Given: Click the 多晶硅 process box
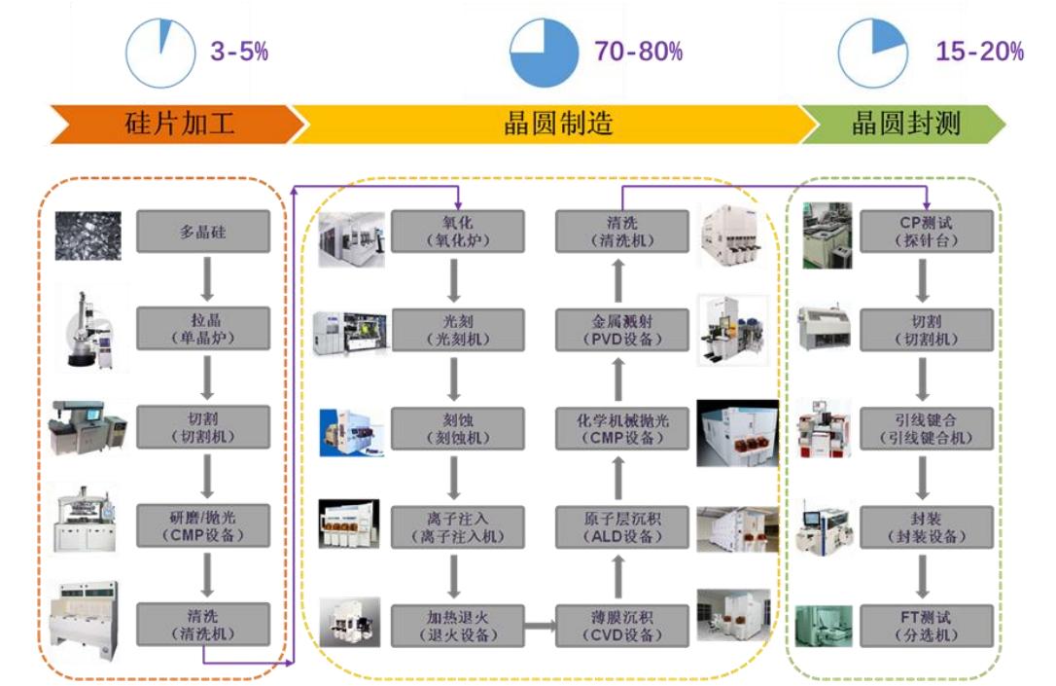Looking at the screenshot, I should click(x=202, y=232).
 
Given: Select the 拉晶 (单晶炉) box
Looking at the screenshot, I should click(x=202, y=329).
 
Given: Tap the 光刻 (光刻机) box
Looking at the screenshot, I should click(x=457, y=330).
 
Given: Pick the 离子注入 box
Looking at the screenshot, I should click(x=457, y=526).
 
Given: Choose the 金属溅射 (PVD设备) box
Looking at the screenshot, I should click(x=621, y=330).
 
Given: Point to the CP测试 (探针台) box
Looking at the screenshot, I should click(x=927, y=232).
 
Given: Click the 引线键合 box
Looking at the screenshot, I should click(x=927, y=428).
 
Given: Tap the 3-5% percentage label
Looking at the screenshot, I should click(x=239, y=52).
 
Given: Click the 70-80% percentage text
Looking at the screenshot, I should click(x=639, y=52).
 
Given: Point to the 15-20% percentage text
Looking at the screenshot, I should click(x=979, y=52).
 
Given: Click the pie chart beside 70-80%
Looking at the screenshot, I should click(x=544, y=53).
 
